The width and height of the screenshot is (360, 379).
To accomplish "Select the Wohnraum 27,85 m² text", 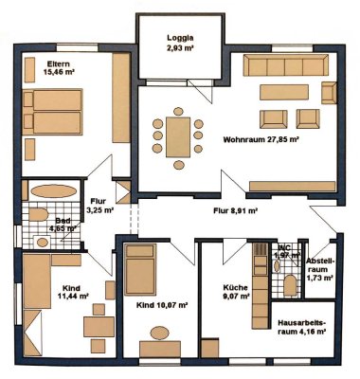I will click(x=261, y=139).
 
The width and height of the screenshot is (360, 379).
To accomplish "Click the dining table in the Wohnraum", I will click(x=177, y=134).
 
